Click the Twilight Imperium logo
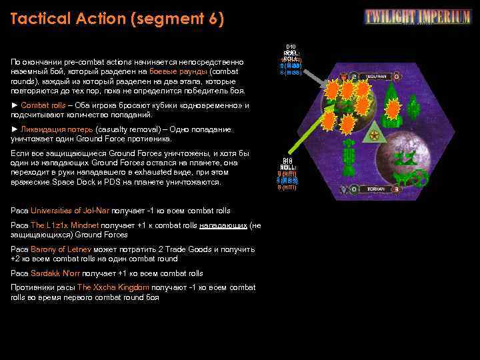[417, 17]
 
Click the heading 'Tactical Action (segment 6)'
[117, 19]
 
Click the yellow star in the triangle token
[374, 136]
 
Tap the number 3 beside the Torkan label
[395, 189]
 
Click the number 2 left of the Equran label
[354, 77]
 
